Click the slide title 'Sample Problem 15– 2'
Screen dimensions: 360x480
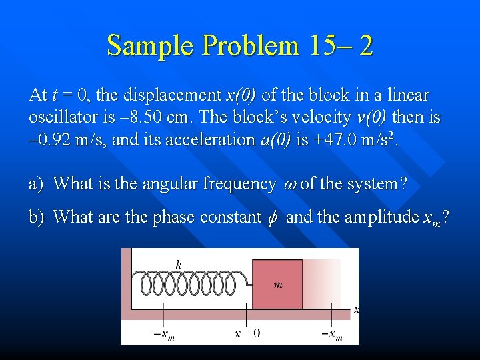pyautogui.click(x=240, y=46)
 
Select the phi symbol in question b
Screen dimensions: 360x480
pyautogui.click(x=272, y=217)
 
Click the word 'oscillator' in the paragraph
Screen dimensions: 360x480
pyautogui.click(x=60, y=118)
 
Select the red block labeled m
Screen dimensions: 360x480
pyautogui.click(x=277, y=284)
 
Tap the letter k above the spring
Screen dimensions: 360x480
pyautogui.click(x=178, y=264)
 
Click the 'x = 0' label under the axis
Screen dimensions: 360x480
pyautogui.click(x=247, y=333)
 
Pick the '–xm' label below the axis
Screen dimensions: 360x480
pyautogui.click(x=164, y=334)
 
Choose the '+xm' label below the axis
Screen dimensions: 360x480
pyautogui.click(x=331, y=334)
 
